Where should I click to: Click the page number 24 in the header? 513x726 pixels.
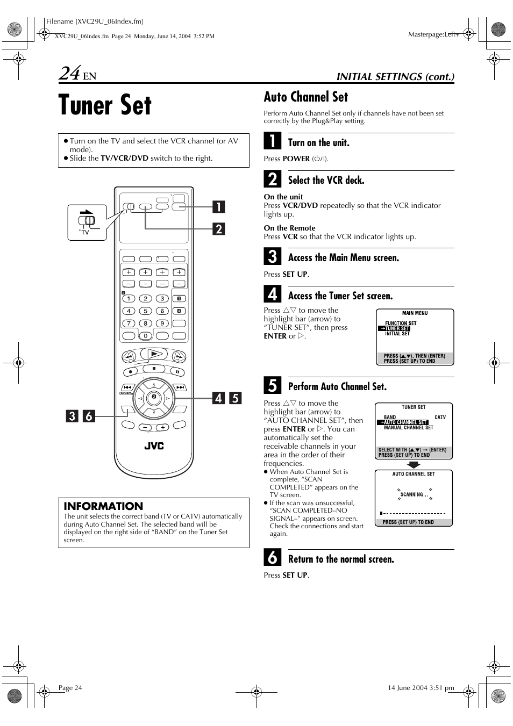pyautogui.click(x=70, y=74)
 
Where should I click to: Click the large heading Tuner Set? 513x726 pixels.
pyautogui.click(x=105, y=105)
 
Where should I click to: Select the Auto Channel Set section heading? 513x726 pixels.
pyautogui.click(x=305, y=97)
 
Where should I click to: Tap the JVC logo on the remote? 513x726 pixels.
pyautogui.click(x=154, y=446)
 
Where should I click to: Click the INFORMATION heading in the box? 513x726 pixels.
pyautogui.click(x=103, y=506)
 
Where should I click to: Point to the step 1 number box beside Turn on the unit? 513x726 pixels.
pyautogui.click(x=273, y=141)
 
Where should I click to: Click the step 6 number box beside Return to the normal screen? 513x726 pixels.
pyautogui.click(x=273, y=558)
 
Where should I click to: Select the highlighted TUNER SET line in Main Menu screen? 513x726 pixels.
pyautogui.click(x=397, y=328)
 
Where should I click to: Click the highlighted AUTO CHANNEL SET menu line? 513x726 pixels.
pyautogui.click(x=405, y=422)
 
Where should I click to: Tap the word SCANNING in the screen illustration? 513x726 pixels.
pyautogui.click(x=414, y=494)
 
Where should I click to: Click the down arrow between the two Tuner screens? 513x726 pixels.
pyautogui.click(x=414, y=465)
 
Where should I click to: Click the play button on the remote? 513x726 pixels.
pyautogui.click(x=154, y=354)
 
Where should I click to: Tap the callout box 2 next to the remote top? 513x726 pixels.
pyautogui.click(x=218, y=228)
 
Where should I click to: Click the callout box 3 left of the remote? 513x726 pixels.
pyautogui.click(x=71, y=415)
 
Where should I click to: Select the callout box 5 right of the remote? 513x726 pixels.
pyautogui.click(x=235, y=398)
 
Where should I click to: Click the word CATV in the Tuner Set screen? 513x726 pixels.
pyautogui.click(x=440, y=417)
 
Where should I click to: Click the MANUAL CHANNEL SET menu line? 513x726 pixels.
pyautogui.click(x=408, y=428)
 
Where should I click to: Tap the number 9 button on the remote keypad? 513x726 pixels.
pyautogui.click(x=162, y=324)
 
